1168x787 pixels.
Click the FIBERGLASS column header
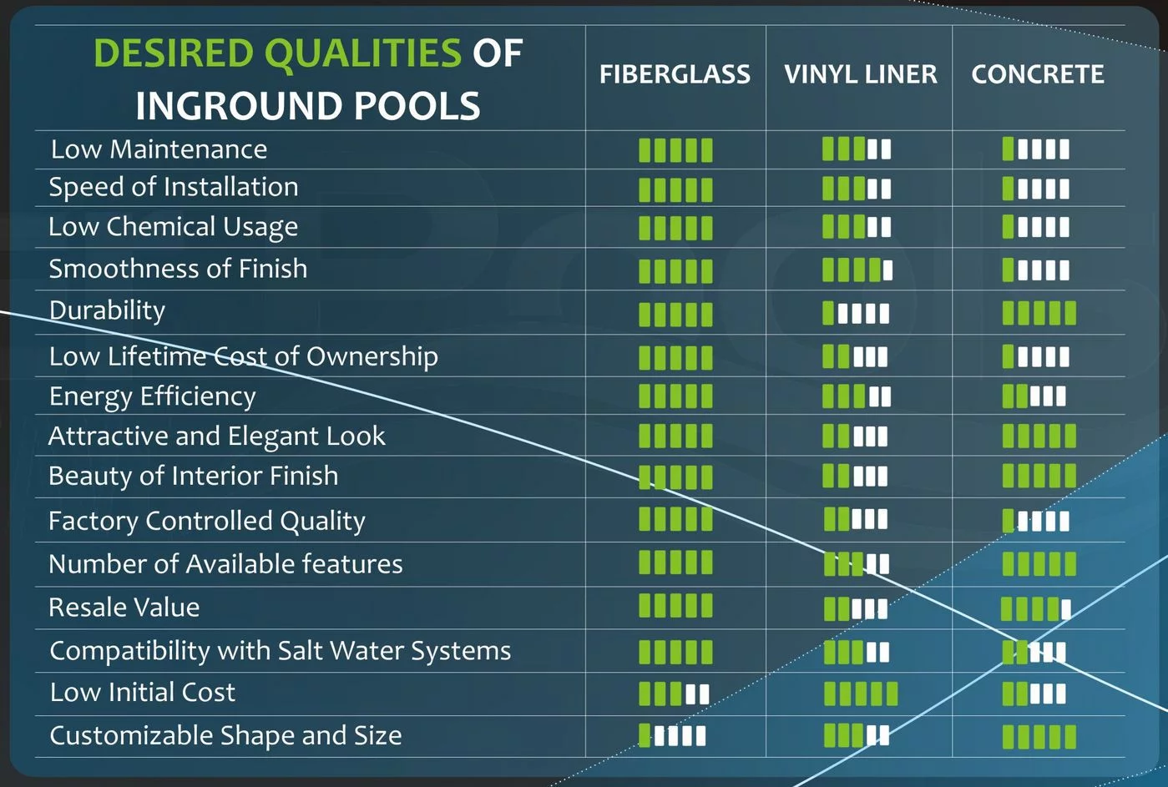click(x=675, y=74)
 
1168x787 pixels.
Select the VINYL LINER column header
click(x=861, y=74)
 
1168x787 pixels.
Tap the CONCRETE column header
click(x=1038, y=74)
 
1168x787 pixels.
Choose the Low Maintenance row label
click(x=159, y=149)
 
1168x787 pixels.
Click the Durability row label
click(x=107, y=311)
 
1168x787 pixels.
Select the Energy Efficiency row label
click(x=152, y=397)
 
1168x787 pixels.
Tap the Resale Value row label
click(x=124, y=608)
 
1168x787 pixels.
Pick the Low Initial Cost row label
click(x=143, y=692)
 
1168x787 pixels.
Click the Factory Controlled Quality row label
click(x=206, y=522)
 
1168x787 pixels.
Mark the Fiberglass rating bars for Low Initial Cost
click(x=674, y=694)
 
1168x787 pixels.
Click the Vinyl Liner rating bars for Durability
click(x=856, y=313)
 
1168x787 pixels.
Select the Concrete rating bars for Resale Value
click(x=1035, y=608)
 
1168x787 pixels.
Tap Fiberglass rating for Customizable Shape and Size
click(x=672, y=735)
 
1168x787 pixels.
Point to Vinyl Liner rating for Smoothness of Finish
click(x=857, y=270)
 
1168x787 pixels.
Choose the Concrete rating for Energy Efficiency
click(x=1034, y=396)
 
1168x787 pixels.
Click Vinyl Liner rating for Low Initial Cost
click(x=861, y=694)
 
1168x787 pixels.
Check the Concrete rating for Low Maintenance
click(x=1035, y=149)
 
